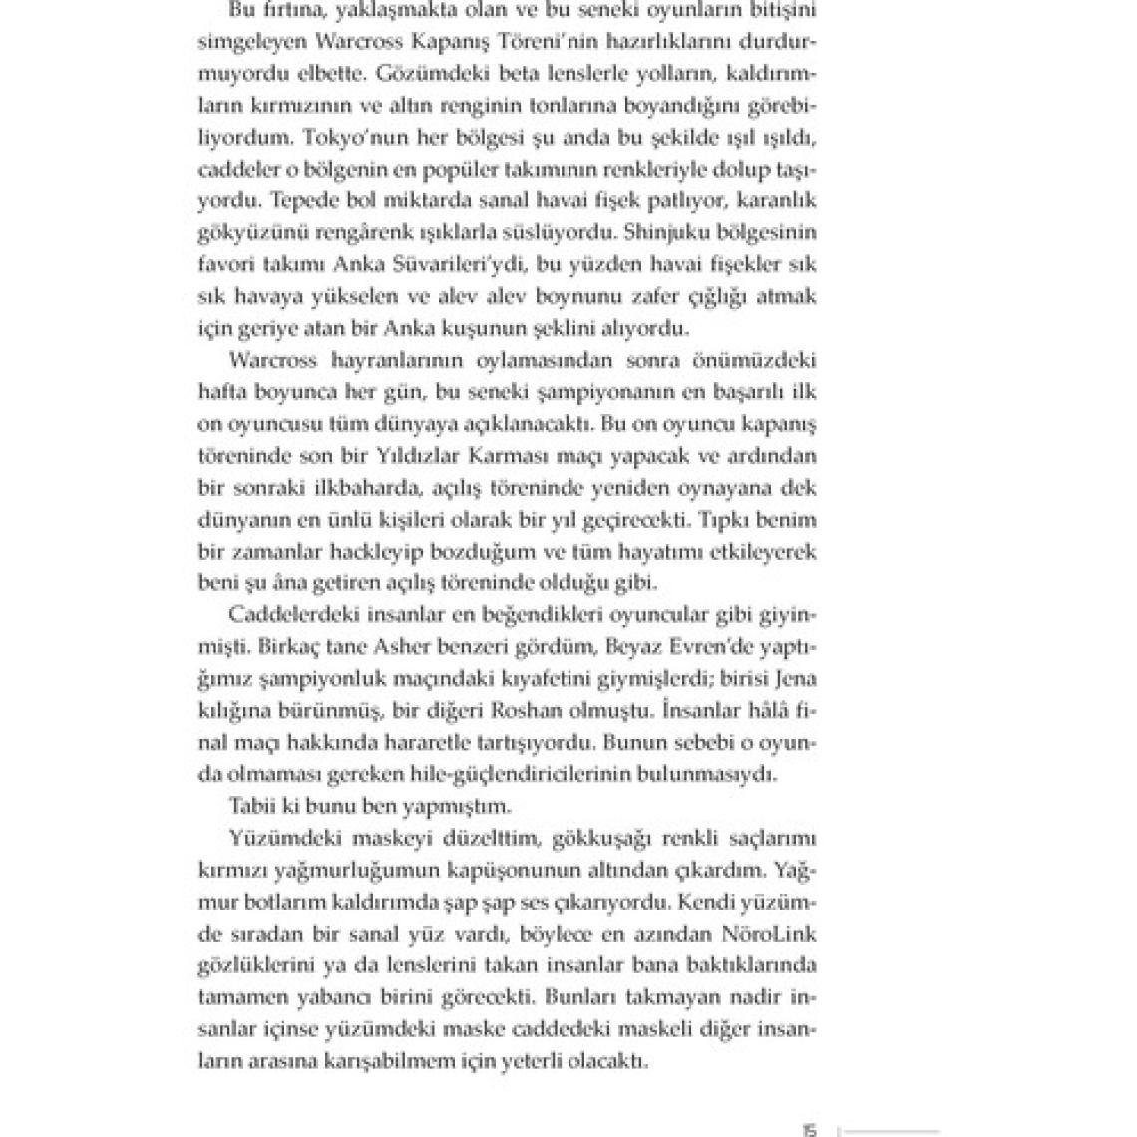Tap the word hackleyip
click(342, 552)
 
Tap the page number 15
click(809, 1129)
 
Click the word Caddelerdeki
click(283, 614)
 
